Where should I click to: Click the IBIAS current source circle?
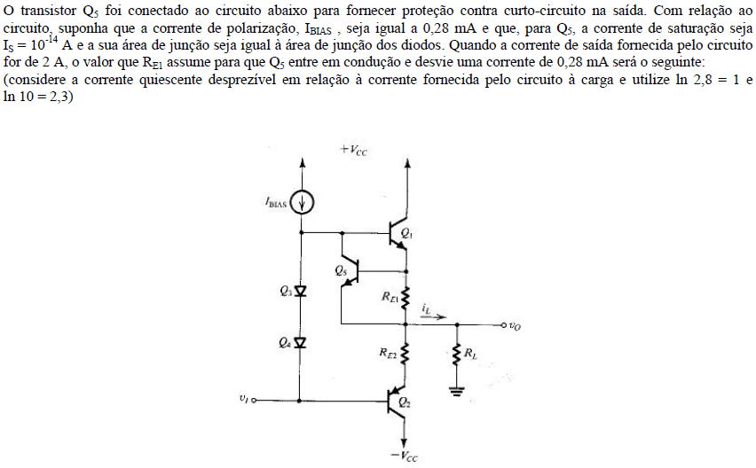[303, 203]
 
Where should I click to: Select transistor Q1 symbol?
[399, 233]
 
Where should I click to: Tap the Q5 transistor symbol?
[351, 272]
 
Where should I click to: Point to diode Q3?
[301, 291]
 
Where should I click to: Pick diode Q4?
[301, 342]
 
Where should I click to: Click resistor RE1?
[406, 297]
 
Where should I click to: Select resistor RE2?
[406, 354]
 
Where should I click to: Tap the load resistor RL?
[457, 355]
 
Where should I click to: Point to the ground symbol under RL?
[457, 391]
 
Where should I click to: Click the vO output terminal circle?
[503, 325]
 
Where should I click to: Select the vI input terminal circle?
[254, 400]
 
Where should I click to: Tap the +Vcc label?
[353, 150]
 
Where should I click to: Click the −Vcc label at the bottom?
[404, 456]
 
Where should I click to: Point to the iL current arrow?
[435, 316]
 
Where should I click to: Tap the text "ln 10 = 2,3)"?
[38, 97]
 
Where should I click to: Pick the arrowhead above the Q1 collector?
[408, 163]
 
